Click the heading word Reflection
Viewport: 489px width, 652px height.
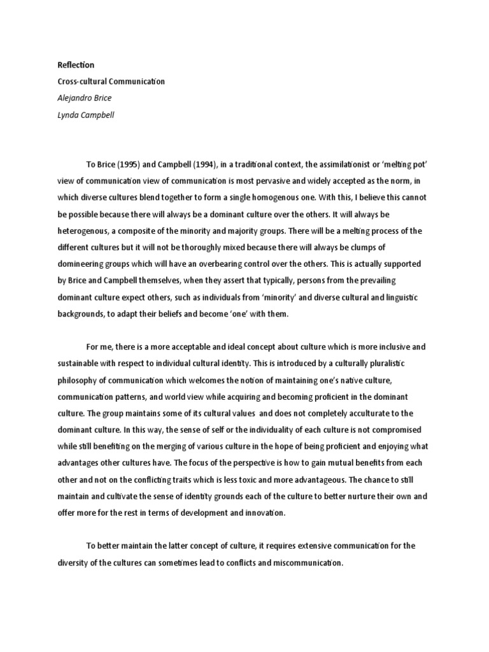click(x=76, y=65)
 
